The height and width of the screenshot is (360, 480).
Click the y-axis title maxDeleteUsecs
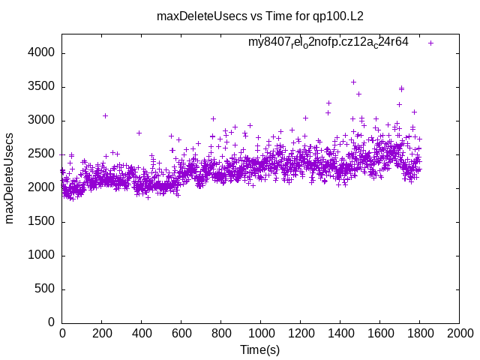pos(10,178)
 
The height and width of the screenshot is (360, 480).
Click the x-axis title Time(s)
pos(260,349)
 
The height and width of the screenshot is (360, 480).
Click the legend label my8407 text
pos(328,43)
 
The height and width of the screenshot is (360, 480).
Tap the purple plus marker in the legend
pos(431,43)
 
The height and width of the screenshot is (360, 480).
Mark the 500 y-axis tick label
pos(45,289)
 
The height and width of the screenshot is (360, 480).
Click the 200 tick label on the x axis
pos(102,333)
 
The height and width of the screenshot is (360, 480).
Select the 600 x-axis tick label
pos(181,333)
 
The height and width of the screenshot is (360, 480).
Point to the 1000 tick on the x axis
pos(260,333)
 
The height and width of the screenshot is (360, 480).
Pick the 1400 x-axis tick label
pos(340,333)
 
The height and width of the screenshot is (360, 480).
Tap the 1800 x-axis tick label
pos(419,333)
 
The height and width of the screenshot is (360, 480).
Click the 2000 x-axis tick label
pos(459,333)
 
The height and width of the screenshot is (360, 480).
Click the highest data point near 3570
pos(353,82)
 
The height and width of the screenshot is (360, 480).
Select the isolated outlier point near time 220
pos(106,115)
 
